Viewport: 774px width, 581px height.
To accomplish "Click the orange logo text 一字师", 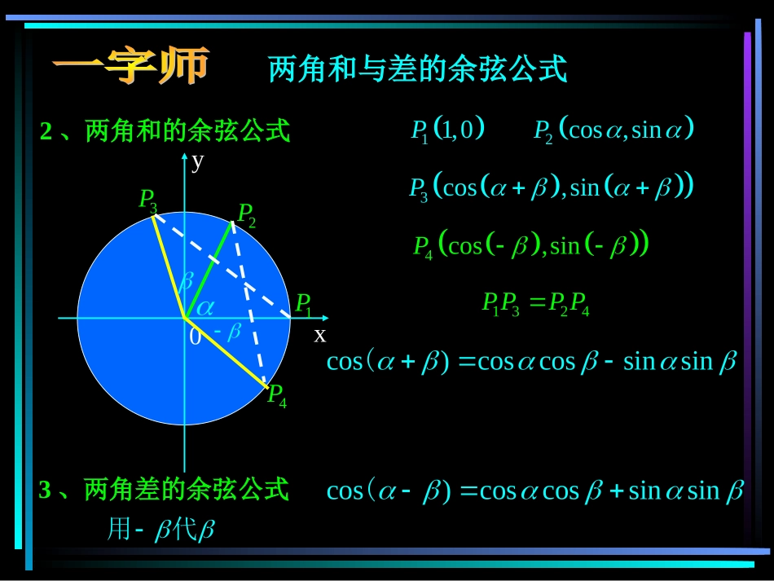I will tap(131, 67).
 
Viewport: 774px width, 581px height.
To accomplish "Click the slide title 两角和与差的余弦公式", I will tap(417, 69).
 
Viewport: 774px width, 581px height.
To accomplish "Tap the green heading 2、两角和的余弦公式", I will tap(165, 130).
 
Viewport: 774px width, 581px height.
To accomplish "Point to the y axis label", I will tap(198, 161).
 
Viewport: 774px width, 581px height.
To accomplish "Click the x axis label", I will tap(320, 334).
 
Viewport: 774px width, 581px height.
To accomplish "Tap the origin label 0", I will tap(195, 337).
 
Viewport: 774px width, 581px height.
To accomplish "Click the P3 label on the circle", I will tap(147, 199).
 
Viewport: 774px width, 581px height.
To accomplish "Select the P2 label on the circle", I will tap(246, 215).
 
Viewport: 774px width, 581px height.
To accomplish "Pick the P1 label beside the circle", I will tap(303, 305).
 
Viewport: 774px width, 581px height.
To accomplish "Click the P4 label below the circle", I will tap(277, 396).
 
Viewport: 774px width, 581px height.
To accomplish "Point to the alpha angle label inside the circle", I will tap(204, 306).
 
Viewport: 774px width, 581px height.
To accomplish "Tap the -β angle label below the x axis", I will tap(228, 332).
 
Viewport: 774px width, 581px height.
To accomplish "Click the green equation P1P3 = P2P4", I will tap(535, 304).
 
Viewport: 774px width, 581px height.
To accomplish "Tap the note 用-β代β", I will tap(161, 530).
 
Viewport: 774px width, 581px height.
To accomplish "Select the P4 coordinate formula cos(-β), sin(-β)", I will tap(530, 244).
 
